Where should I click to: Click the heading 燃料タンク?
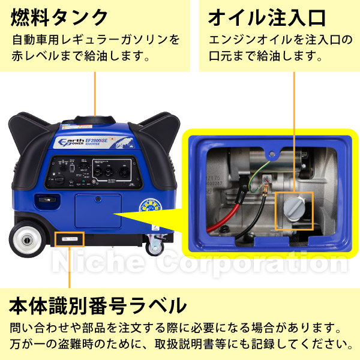59,16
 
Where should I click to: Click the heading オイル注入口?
266,16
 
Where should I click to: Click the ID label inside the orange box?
70,238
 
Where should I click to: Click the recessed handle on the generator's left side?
43,200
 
